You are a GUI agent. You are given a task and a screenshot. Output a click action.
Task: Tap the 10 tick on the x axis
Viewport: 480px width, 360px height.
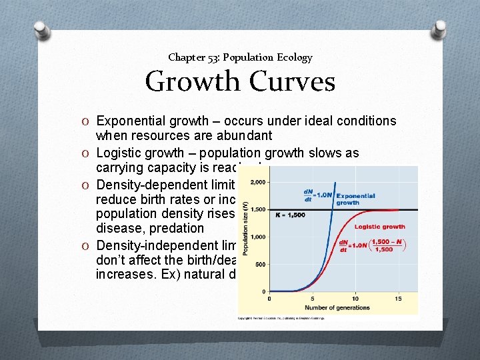pyautogui.click(x=355, y=298)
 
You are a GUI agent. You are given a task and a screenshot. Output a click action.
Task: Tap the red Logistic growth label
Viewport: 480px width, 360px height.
pyautogui.click(x=379, y=227)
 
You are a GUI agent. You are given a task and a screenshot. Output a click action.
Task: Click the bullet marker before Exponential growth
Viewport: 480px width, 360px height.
pyautogui.click(x=89, y=121)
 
